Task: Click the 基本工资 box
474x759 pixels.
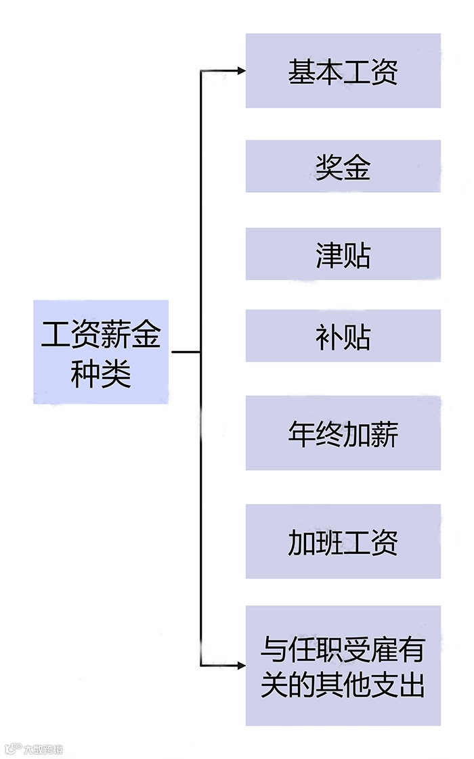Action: click(x=343, y=70)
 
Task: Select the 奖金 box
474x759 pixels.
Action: click(x=343, y=166)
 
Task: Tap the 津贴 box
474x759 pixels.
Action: click(x=343, y=254)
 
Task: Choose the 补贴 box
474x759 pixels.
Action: click(x=343, y=336)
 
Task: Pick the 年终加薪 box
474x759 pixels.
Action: click(x=343, y=433)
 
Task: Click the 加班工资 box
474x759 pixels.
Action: click(x=343, y=541)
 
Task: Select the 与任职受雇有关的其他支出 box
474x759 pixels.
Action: click(x=343, y=666)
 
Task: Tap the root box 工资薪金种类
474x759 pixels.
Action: click(x=101, y=352)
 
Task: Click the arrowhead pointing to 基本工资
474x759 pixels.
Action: click(x=240, y=70)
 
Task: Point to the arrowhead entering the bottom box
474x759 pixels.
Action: click(x=240, y=666)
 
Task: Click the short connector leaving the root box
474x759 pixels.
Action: click(x=186, y=352)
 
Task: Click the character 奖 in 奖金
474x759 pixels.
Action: click(x=328, y=167)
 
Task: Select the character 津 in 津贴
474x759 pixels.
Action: click(x=328, y=255)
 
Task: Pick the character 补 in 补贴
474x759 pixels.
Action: click(x=328, y=337)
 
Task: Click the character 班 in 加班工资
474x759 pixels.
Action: click(x=328, y=542)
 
